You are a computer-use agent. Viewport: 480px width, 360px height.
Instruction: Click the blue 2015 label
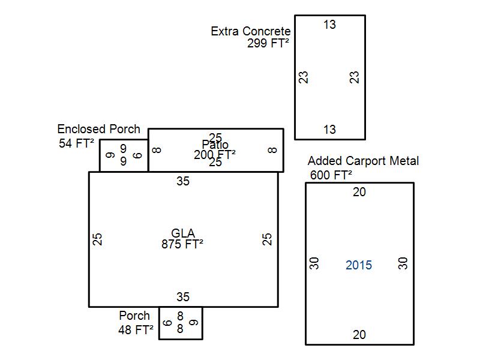[x=359, y=265]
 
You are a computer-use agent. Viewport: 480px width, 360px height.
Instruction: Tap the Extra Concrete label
[x=251, y=31]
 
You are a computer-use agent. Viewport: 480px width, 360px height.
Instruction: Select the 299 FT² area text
[x=268, y=43]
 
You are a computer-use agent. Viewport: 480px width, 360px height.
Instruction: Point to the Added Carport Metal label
[x=363, y=161]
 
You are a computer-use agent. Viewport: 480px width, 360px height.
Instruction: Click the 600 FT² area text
[x=331, y=175]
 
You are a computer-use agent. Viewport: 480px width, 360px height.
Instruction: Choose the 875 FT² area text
[x=182, y=244]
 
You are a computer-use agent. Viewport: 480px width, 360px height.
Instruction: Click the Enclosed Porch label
[x=98, y=129]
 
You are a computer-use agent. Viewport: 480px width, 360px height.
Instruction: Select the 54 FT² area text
[x=77, y=143]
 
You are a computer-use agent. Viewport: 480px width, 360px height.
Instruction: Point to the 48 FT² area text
[x=136, y=329]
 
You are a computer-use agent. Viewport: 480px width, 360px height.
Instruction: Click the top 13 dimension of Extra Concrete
[x=329, y=25]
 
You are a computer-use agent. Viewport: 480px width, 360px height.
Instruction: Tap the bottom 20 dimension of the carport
[x=359, y=335]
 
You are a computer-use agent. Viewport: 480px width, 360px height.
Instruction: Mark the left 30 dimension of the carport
[x=314, y=263]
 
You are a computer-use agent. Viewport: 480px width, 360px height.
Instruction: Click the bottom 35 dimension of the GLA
[x=183, y=297]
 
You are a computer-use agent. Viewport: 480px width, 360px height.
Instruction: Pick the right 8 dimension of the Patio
[x=273, y=150]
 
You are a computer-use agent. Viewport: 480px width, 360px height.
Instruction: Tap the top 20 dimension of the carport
[x=359, y=192]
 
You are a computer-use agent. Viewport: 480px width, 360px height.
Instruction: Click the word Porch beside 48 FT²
[x=134, y=316]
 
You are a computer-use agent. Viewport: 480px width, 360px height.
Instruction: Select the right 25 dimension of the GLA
[x=268, y=239]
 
